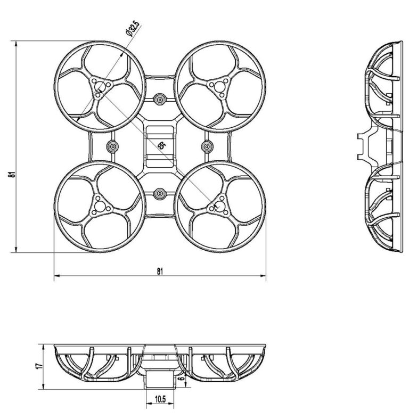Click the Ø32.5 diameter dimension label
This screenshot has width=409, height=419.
point(131,27)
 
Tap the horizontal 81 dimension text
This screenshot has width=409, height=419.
point(160,270)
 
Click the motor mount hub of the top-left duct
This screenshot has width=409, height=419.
point(100,86)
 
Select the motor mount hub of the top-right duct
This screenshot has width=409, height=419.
point(219,86)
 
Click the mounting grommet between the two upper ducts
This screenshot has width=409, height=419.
point(159,98)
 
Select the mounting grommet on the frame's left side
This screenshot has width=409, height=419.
point(112,146)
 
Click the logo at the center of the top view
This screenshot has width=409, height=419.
point(162,146)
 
